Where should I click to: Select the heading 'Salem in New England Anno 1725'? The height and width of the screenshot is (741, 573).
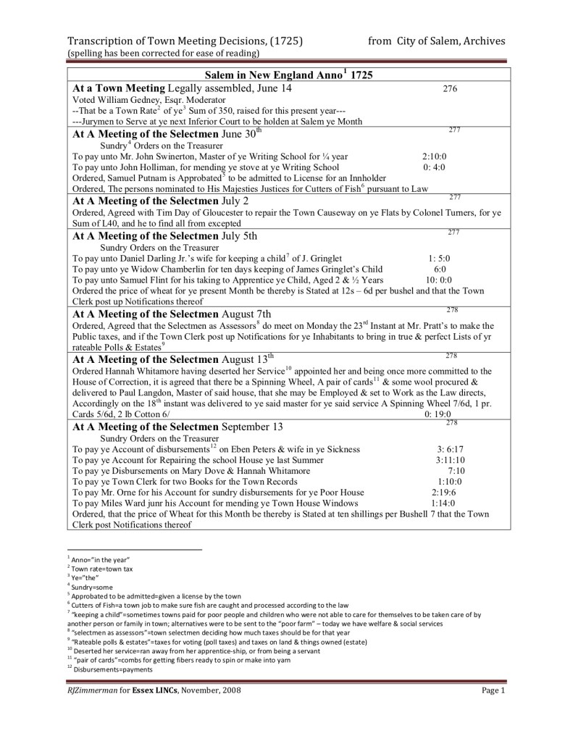[x=289, y=75]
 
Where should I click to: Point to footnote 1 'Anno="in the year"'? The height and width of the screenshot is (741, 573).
[x=101, y=561]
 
